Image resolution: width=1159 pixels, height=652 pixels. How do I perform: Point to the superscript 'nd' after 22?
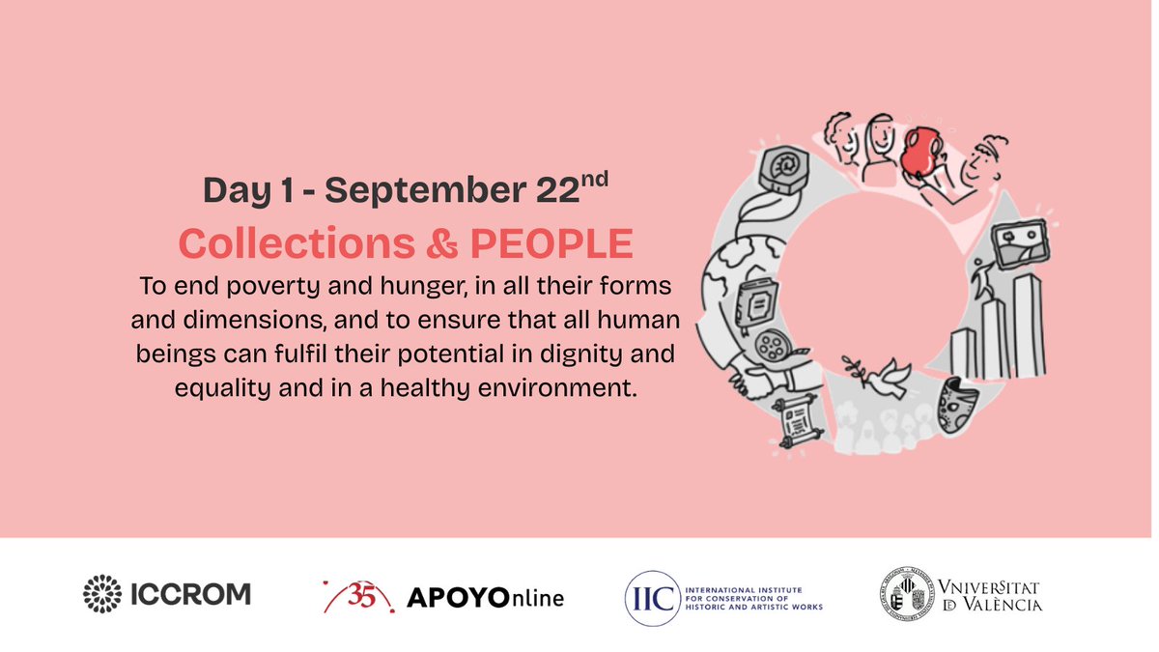point(593,180)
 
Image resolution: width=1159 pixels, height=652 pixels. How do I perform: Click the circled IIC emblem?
point(650,596)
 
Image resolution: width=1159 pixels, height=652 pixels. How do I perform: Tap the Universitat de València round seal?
point(906,593)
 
